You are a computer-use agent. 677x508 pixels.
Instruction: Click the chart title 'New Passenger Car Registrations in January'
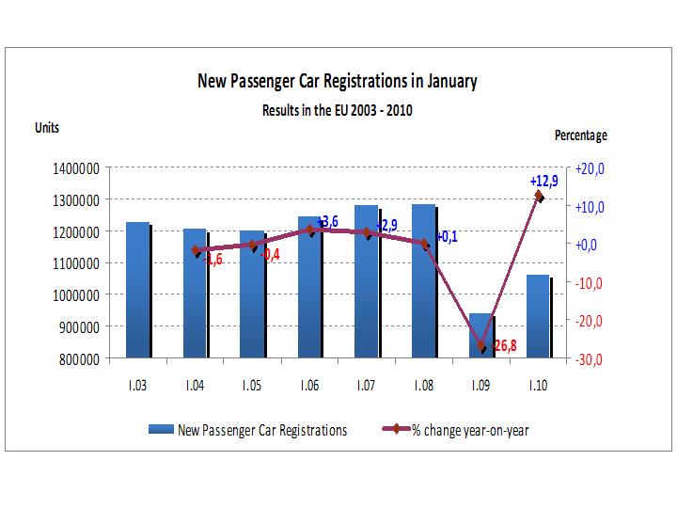point(337,81)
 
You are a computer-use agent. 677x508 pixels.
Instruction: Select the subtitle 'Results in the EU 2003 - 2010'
point(337,109)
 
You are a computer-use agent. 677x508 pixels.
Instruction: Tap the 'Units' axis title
point(49,129)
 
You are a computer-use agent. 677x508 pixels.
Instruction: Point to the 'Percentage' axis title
point(580,135)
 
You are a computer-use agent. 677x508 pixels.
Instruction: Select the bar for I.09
point(480,336)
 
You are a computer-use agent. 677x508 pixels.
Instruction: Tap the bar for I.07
point(366,281)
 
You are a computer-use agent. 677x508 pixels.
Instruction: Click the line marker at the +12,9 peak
point(539,196)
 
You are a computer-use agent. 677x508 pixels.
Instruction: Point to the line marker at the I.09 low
point(481,346)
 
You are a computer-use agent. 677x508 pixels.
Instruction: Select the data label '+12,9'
point(543,182)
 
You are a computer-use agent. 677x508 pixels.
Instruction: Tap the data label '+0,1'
point(447,237)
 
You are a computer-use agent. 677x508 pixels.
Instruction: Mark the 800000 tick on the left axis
point(76,358)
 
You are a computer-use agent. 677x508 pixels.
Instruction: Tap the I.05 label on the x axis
point(251,386)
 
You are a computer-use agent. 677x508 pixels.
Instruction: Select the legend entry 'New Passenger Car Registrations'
point(248,430)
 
